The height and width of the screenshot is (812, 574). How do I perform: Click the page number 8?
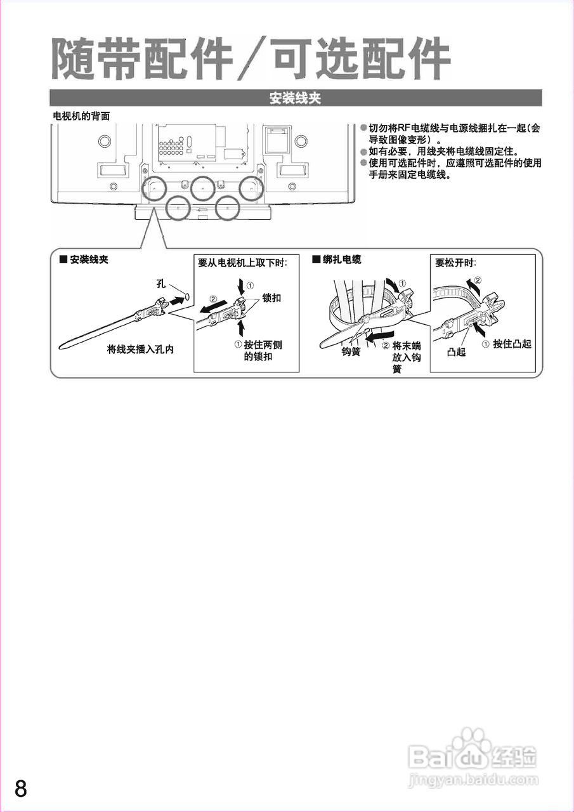pyautogui.click(x=21, y=789)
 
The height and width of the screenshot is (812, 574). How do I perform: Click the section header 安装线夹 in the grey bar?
pyautogui.click(x=296, y=98)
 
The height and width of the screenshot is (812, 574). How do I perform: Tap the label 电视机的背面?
pyautogui.click(x=81, y=116)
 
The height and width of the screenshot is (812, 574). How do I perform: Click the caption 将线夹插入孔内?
pyautogui.click(x=140, y=349)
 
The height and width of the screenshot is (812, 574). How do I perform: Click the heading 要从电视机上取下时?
pyautogui.click(x=242, y=262)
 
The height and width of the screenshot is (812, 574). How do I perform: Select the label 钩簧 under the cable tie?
pyautogui.click(x=351, y=351)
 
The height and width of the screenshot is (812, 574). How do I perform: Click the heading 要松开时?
pyautogui.click(x=455, y=262)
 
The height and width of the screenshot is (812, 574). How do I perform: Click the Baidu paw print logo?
pyautogui.click(x=473, y=742)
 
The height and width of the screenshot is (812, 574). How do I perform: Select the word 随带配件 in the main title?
pyautogui.click(x=140, y=60)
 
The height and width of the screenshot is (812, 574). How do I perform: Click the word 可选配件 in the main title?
pyautogui.click(x=362, y=60)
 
